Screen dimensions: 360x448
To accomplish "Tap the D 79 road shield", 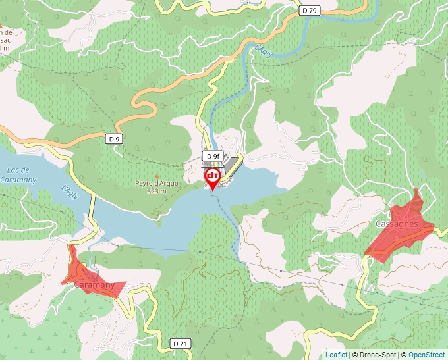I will click(309, 10).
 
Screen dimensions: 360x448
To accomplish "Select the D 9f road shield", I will click(211, 155).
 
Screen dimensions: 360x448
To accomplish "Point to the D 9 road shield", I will click(115, 139).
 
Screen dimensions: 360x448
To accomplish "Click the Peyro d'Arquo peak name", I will click(157, 184).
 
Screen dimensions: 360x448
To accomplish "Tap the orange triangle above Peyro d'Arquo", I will click(157, 175).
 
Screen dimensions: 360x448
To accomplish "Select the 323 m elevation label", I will click(157, 192).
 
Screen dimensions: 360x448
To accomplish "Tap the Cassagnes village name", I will click(397, 224).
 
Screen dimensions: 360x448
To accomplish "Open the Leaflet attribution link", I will click(336, 355).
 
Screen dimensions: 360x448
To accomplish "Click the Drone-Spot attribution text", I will click(375, 355).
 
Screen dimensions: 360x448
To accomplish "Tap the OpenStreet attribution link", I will click(426, 355).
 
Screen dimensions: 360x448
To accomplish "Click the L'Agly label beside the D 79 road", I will click(263, 50).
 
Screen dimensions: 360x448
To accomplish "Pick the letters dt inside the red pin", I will click(213, 176).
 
